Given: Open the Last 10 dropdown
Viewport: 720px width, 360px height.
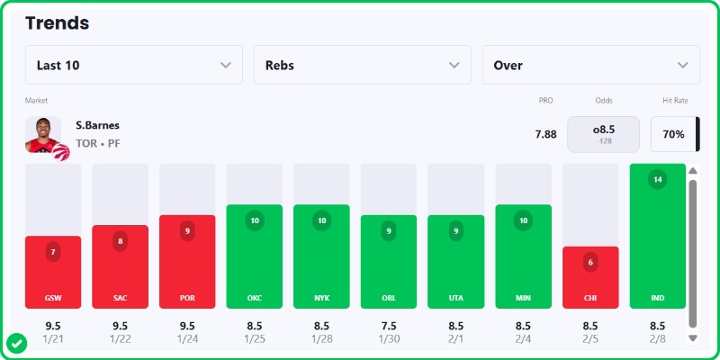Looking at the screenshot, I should click(133, 65).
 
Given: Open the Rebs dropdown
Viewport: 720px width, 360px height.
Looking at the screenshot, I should click(362, 65).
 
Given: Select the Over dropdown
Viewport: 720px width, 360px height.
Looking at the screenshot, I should click(590, 65).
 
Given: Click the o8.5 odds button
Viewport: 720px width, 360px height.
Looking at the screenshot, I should click(603, 134).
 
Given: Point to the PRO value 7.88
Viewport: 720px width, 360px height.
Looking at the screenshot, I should click(545, 134).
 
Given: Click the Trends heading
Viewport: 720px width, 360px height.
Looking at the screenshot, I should click(58, 23).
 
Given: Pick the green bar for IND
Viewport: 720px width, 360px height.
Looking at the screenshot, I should click(657, 243).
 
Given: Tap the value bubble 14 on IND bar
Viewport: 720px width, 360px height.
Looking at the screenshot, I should click(657, 179).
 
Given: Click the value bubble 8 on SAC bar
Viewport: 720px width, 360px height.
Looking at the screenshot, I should click(120, 241).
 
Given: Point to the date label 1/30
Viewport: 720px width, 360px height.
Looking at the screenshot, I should click(388, 338).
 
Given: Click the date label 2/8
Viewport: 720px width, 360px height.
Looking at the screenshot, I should click(657, 338).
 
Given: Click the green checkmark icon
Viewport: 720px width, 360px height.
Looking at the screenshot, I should click(16, 343).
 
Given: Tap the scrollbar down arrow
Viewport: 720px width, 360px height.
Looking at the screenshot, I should click(692, 337).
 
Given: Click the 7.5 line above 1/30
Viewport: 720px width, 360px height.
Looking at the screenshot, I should click(388, 325).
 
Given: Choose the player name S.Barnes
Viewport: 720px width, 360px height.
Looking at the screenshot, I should click(97, 125).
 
